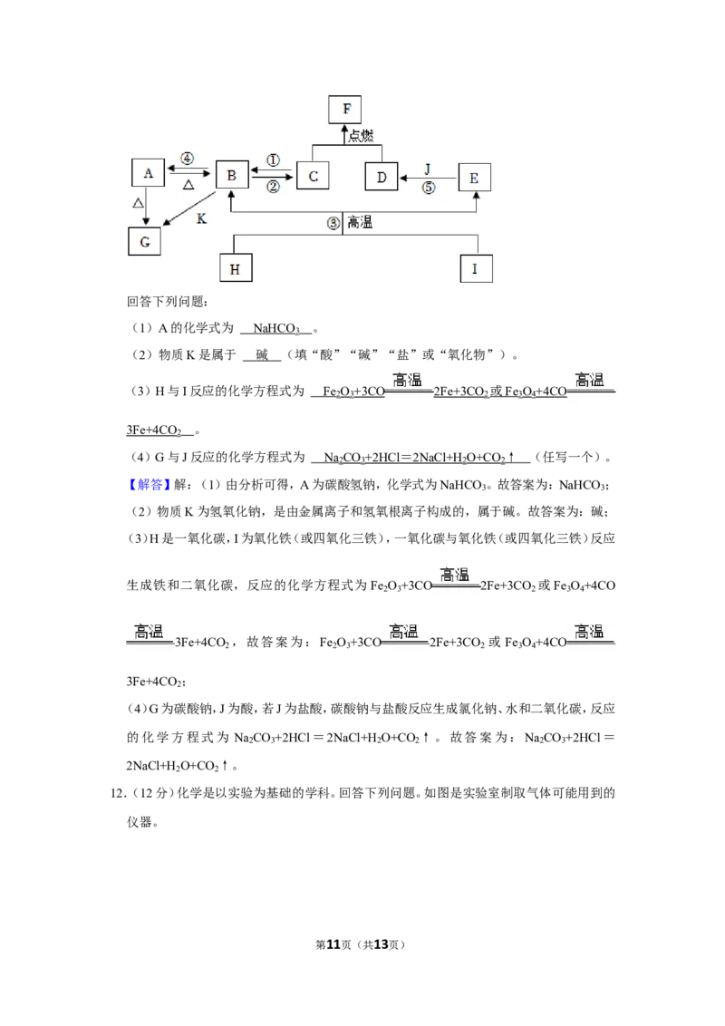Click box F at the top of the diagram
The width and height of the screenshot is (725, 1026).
(345, 109)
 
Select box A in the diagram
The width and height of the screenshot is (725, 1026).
(148, 173)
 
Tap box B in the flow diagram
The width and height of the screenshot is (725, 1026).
(232, 175)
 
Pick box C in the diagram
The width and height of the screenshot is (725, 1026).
(312, 175)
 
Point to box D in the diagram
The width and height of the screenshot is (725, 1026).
(382, 176)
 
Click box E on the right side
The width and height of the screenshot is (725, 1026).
(474, 177)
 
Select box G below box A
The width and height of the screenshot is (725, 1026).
(144, 241)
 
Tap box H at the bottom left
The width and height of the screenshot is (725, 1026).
(236, 268)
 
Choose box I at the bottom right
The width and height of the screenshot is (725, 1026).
(476, 268)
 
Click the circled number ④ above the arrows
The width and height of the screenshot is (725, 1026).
(187, 159)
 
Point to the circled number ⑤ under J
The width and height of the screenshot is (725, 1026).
(428, 188)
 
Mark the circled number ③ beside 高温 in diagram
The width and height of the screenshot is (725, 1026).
(333, 223)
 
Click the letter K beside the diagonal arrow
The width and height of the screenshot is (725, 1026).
(201, 218)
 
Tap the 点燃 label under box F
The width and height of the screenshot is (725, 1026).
(361, 135)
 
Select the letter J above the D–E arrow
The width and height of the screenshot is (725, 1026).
(427, 169)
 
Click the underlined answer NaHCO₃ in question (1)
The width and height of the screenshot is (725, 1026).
(276, 328)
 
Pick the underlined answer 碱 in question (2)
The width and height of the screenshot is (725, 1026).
(262, 354)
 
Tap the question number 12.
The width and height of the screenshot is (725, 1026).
(118, 793)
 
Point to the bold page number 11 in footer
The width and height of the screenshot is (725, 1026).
(333, 944)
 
